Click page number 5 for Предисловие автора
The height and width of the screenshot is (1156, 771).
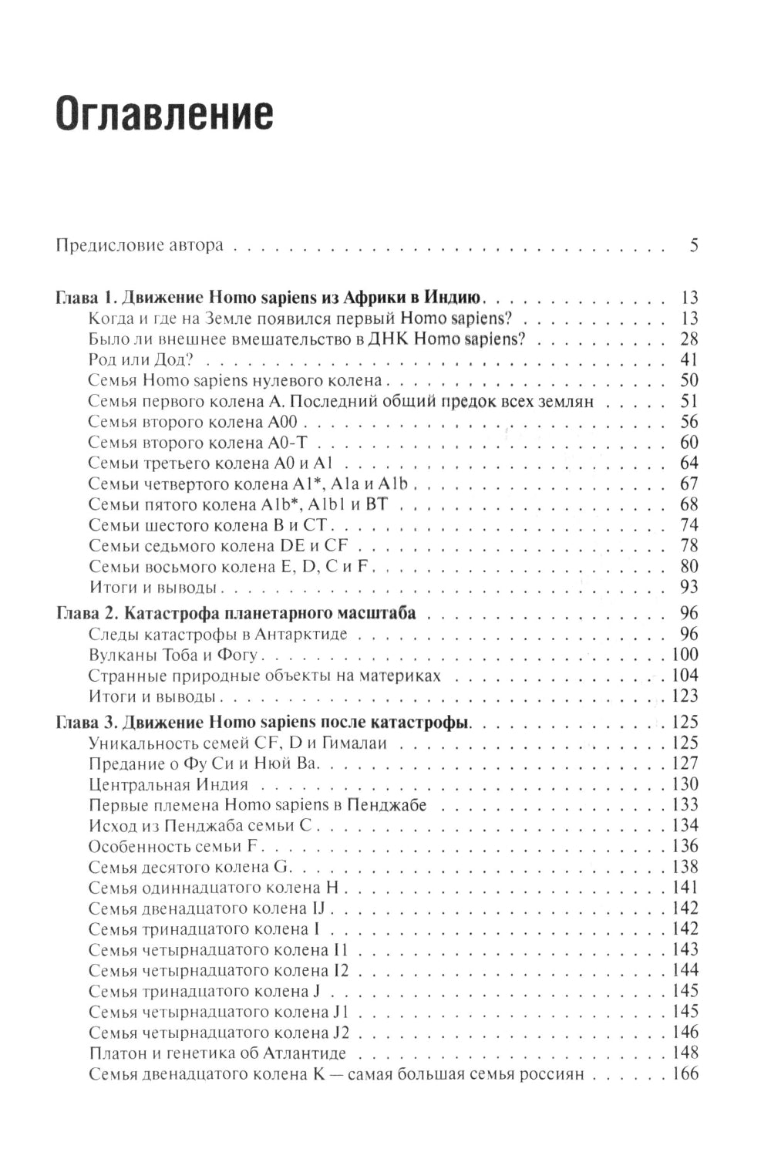click(x=693, y=247)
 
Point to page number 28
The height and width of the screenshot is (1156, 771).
click(x=689, y=339)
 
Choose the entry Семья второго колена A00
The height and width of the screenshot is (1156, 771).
click(x=198, y=422)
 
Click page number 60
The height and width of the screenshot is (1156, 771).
click(x=689, y=443)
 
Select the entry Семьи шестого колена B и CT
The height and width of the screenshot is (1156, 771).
click(x=209, y=525)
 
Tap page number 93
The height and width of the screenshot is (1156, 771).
click(x=689, y=588)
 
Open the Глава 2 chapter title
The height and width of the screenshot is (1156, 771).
click(x=237, y=614)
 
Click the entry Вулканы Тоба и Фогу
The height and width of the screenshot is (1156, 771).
click(x=177, y=656)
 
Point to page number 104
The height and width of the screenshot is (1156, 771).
click(x=684, y=676)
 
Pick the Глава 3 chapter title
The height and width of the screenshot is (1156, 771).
click(x=264, y=723)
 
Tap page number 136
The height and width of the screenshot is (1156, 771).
click(x=684, y=847)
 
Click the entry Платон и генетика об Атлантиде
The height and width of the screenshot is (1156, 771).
click(x=217, y=1053)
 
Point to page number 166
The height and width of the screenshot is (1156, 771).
click(x=684, y=1074)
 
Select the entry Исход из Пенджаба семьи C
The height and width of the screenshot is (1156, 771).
click(x=199, y=826)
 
